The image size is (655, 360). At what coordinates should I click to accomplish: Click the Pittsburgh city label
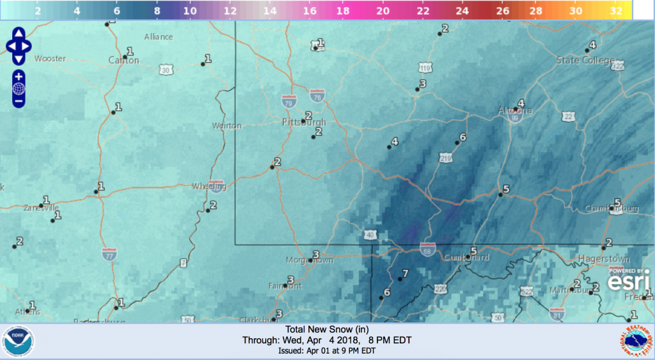pos(304,122)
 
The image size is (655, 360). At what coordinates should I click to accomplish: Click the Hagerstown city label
pos(603,258)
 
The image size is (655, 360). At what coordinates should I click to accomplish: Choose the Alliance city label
pos(159,36)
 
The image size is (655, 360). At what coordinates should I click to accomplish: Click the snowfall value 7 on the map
pos(404,274)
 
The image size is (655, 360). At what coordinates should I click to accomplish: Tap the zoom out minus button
pos(19,100)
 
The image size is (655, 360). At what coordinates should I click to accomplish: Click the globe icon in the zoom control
pos(19,88)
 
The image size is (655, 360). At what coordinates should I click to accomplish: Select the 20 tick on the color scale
pos(383,12)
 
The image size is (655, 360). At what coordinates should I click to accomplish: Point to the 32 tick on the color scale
pos(617,12)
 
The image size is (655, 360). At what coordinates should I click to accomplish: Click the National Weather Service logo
pos(635,341)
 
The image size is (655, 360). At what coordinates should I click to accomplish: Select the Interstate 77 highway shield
pos(109,254)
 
